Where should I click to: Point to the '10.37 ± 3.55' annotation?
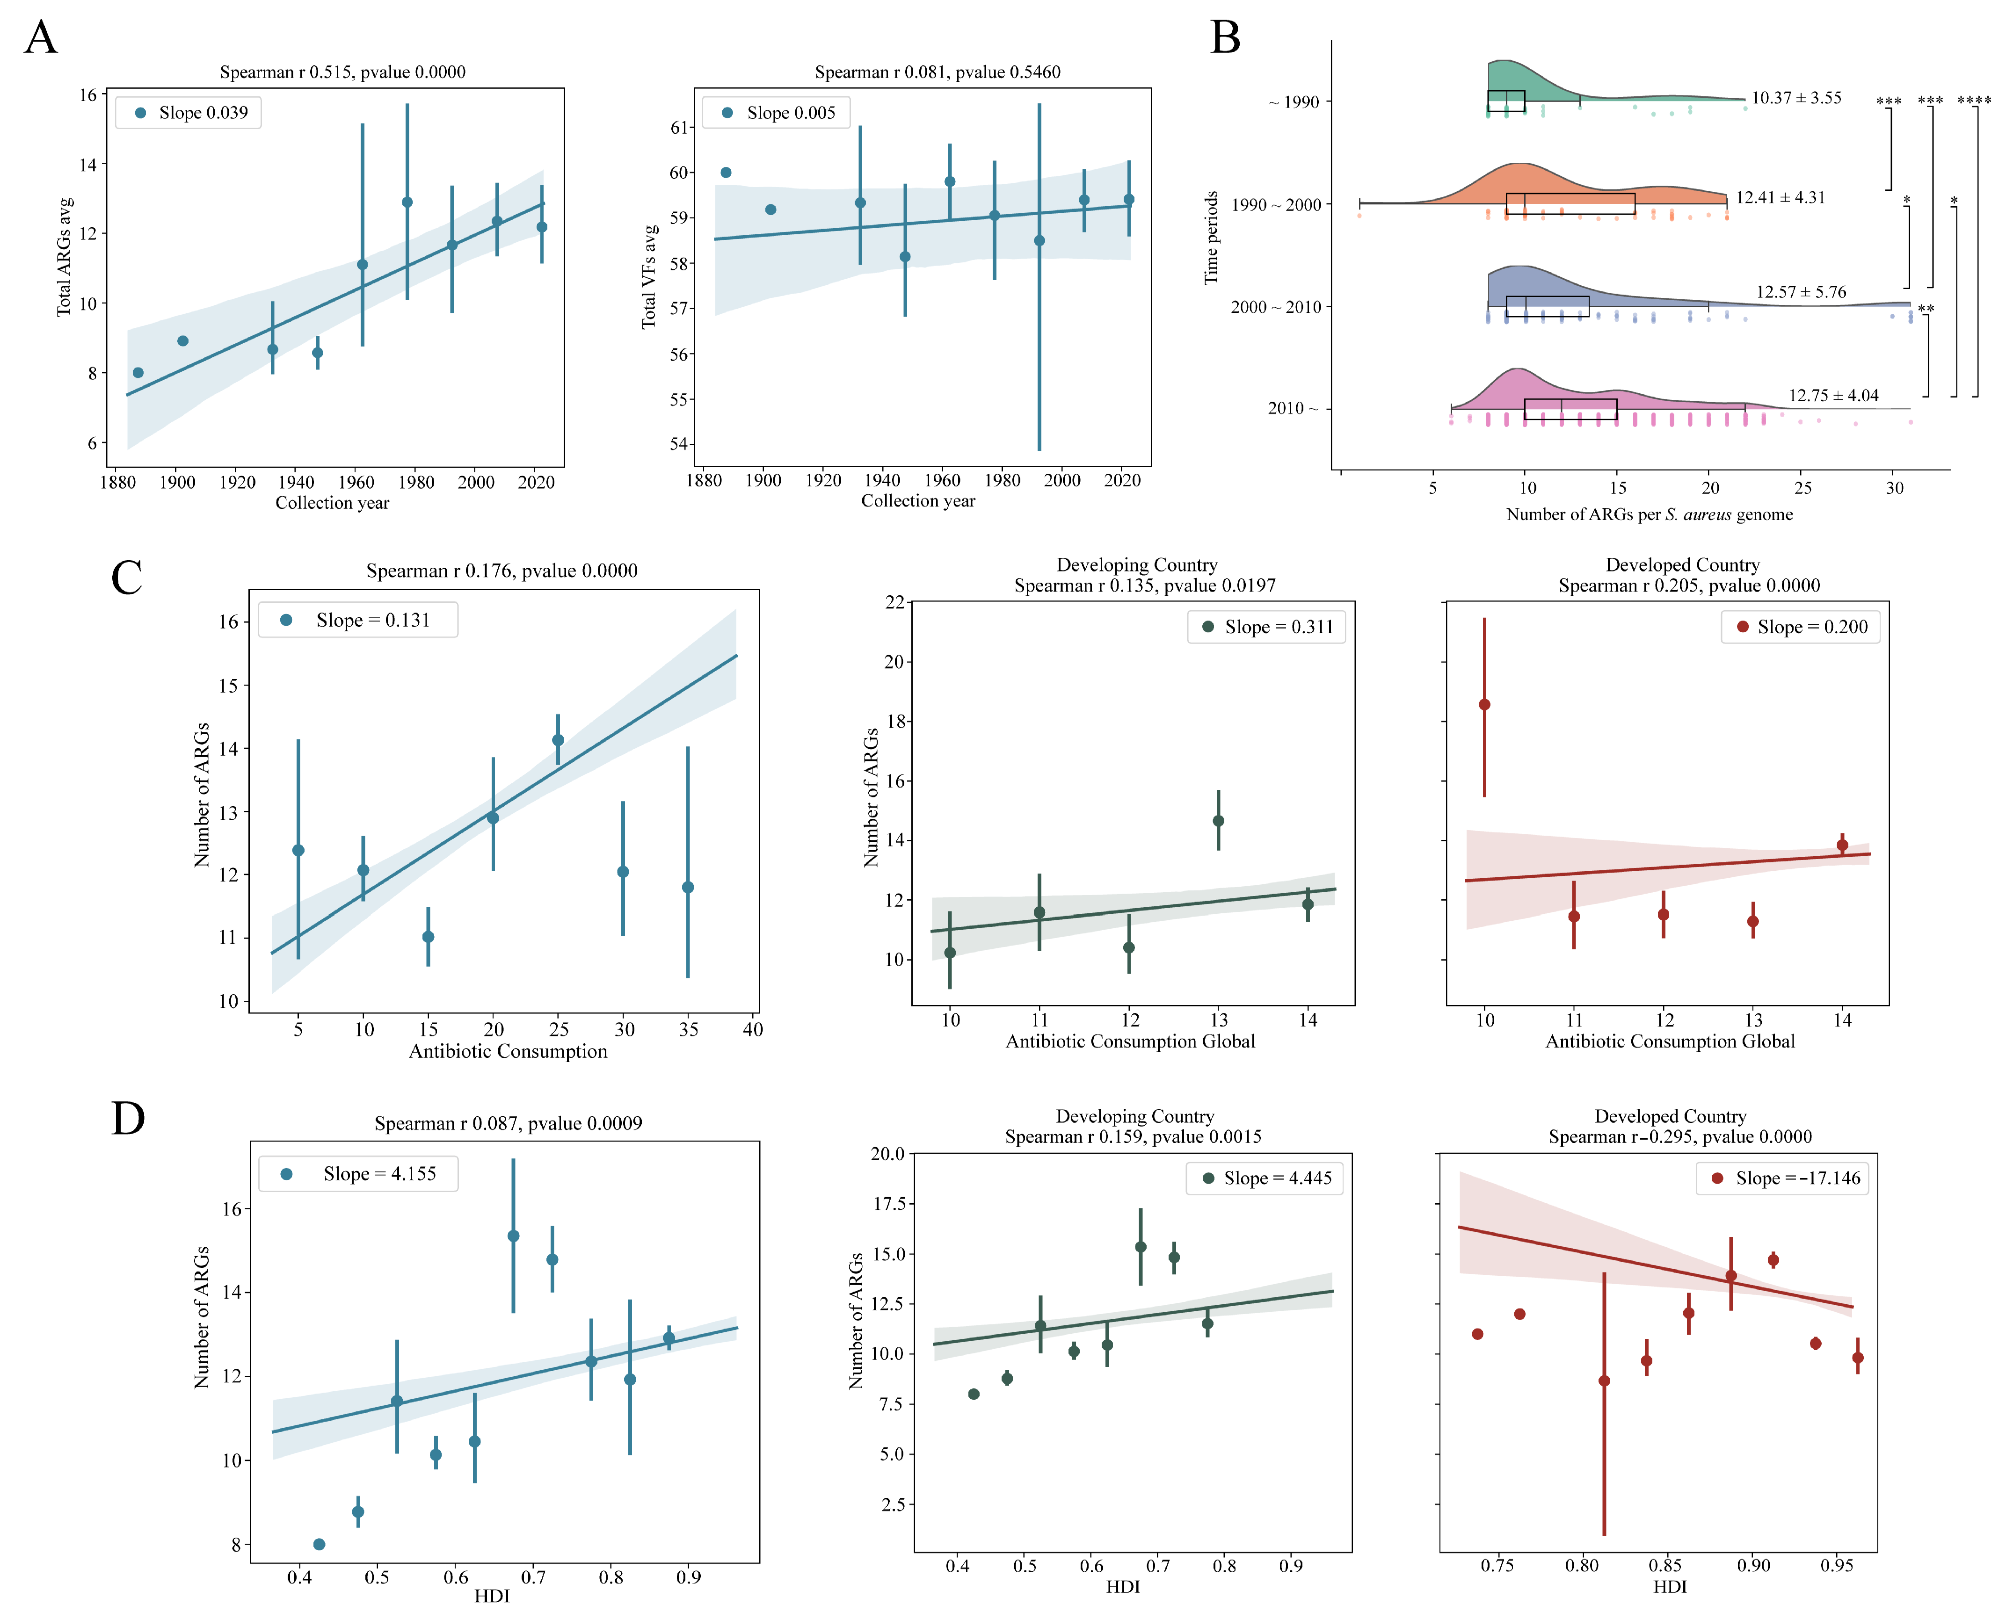[x=1796, y=98]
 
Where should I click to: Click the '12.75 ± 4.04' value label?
[x=1833, y=396]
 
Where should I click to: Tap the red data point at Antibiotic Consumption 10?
[x=1484, y=705]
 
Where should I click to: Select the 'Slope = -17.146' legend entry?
[x=1783, y=1179]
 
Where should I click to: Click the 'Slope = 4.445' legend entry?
[x=1265, y=1179]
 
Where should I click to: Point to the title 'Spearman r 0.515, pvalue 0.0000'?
[x=342, y=72]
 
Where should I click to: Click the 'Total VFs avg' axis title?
[x=649, y=276]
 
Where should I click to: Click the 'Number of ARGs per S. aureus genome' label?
[x=1649, y=515]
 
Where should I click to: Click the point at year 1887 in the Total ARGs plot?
[x=138, y=373]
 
